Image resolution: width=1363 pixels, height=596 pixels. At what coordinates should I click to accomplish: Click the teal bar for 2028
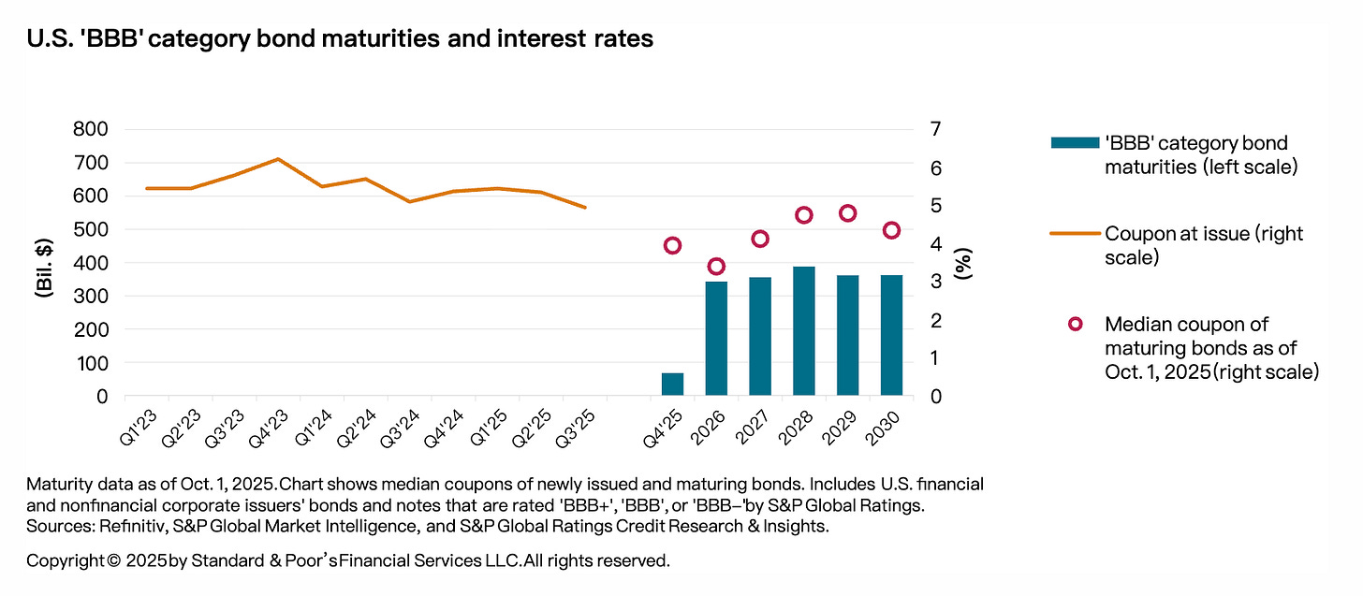[803, 331]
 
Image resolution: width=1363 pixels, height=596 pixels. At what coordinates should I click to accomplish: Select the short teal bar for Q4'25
[672, 385]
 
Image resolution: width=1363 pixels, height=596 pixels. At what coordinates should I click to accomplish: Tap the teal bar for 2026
[716, 339]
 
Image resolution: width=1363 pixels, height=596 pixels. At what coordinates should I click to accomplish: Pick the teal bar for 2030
[891, 335]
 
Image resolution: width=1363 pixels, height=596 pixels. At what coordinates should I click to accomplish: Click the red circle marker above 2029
[848, 213]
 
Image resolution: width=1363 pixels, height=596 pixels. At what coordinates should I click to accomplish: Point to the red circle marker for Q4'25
[672, 245]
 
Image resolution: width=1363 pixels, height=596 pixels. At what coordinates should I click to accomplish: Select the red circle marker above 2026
[716, 266]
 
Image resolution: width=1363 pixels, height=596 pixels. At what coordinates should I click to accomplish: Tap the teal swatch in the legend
[1073, 142]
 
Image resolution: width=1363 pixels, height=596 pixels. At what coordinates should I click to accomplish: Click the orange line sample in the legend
[1073, 234]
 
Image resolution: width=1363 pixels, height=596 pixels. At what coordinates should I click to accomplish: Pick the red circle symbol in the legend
[1075, 324]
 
